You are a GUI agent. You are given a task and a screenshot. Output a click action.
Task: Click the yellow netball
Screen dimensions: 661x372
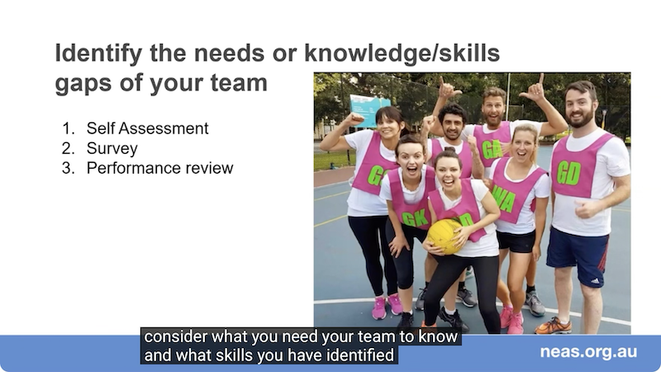click(443, 236)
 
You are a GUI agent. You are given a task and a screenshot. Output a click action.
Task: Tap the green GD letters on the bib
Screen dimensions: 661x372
click(568, 172)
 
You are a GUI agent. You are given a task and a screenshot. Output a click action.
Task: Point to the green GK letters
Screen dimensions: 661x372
click(416, 218)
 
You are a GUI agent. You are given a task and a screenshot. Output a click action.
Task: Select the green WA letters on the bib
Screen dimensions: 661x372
click(504, 198)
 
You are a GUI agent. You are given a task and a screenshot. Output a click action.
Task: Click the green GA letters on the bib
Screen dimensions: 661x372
click(492, 149)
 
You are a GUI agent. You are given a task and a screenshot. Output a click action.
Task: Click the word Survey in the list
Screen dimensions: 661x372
click(112, 149)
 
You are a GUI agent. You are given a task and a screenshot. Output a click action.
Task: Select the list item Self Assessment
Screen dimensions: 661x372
click(148, 128)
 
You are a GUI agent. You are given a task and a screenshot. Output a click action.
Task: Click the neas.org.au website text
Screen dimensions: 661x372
click(588, 352)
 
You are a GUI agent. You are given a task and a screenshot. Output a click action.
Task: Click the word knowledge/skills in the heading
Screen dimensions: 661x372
click(402, 54)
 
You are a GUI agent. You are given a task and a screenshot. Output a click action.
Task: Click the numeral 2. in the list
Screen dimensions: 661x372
click(69, 149)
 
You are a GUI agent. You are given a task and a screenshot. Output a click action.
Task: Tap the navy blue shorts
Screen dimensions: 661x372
click(578, 255)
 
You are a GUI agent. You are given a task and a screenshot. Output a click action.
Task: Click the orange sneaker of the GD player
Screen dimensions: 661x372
click(553, 326)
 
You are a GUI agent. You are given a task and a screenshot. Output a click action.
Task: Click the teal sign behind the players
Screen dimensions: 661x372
click(369, 111)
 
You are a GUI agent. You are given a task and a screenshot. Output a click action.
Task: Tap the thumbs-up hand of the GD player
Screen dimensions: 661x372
click(586, 209)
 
